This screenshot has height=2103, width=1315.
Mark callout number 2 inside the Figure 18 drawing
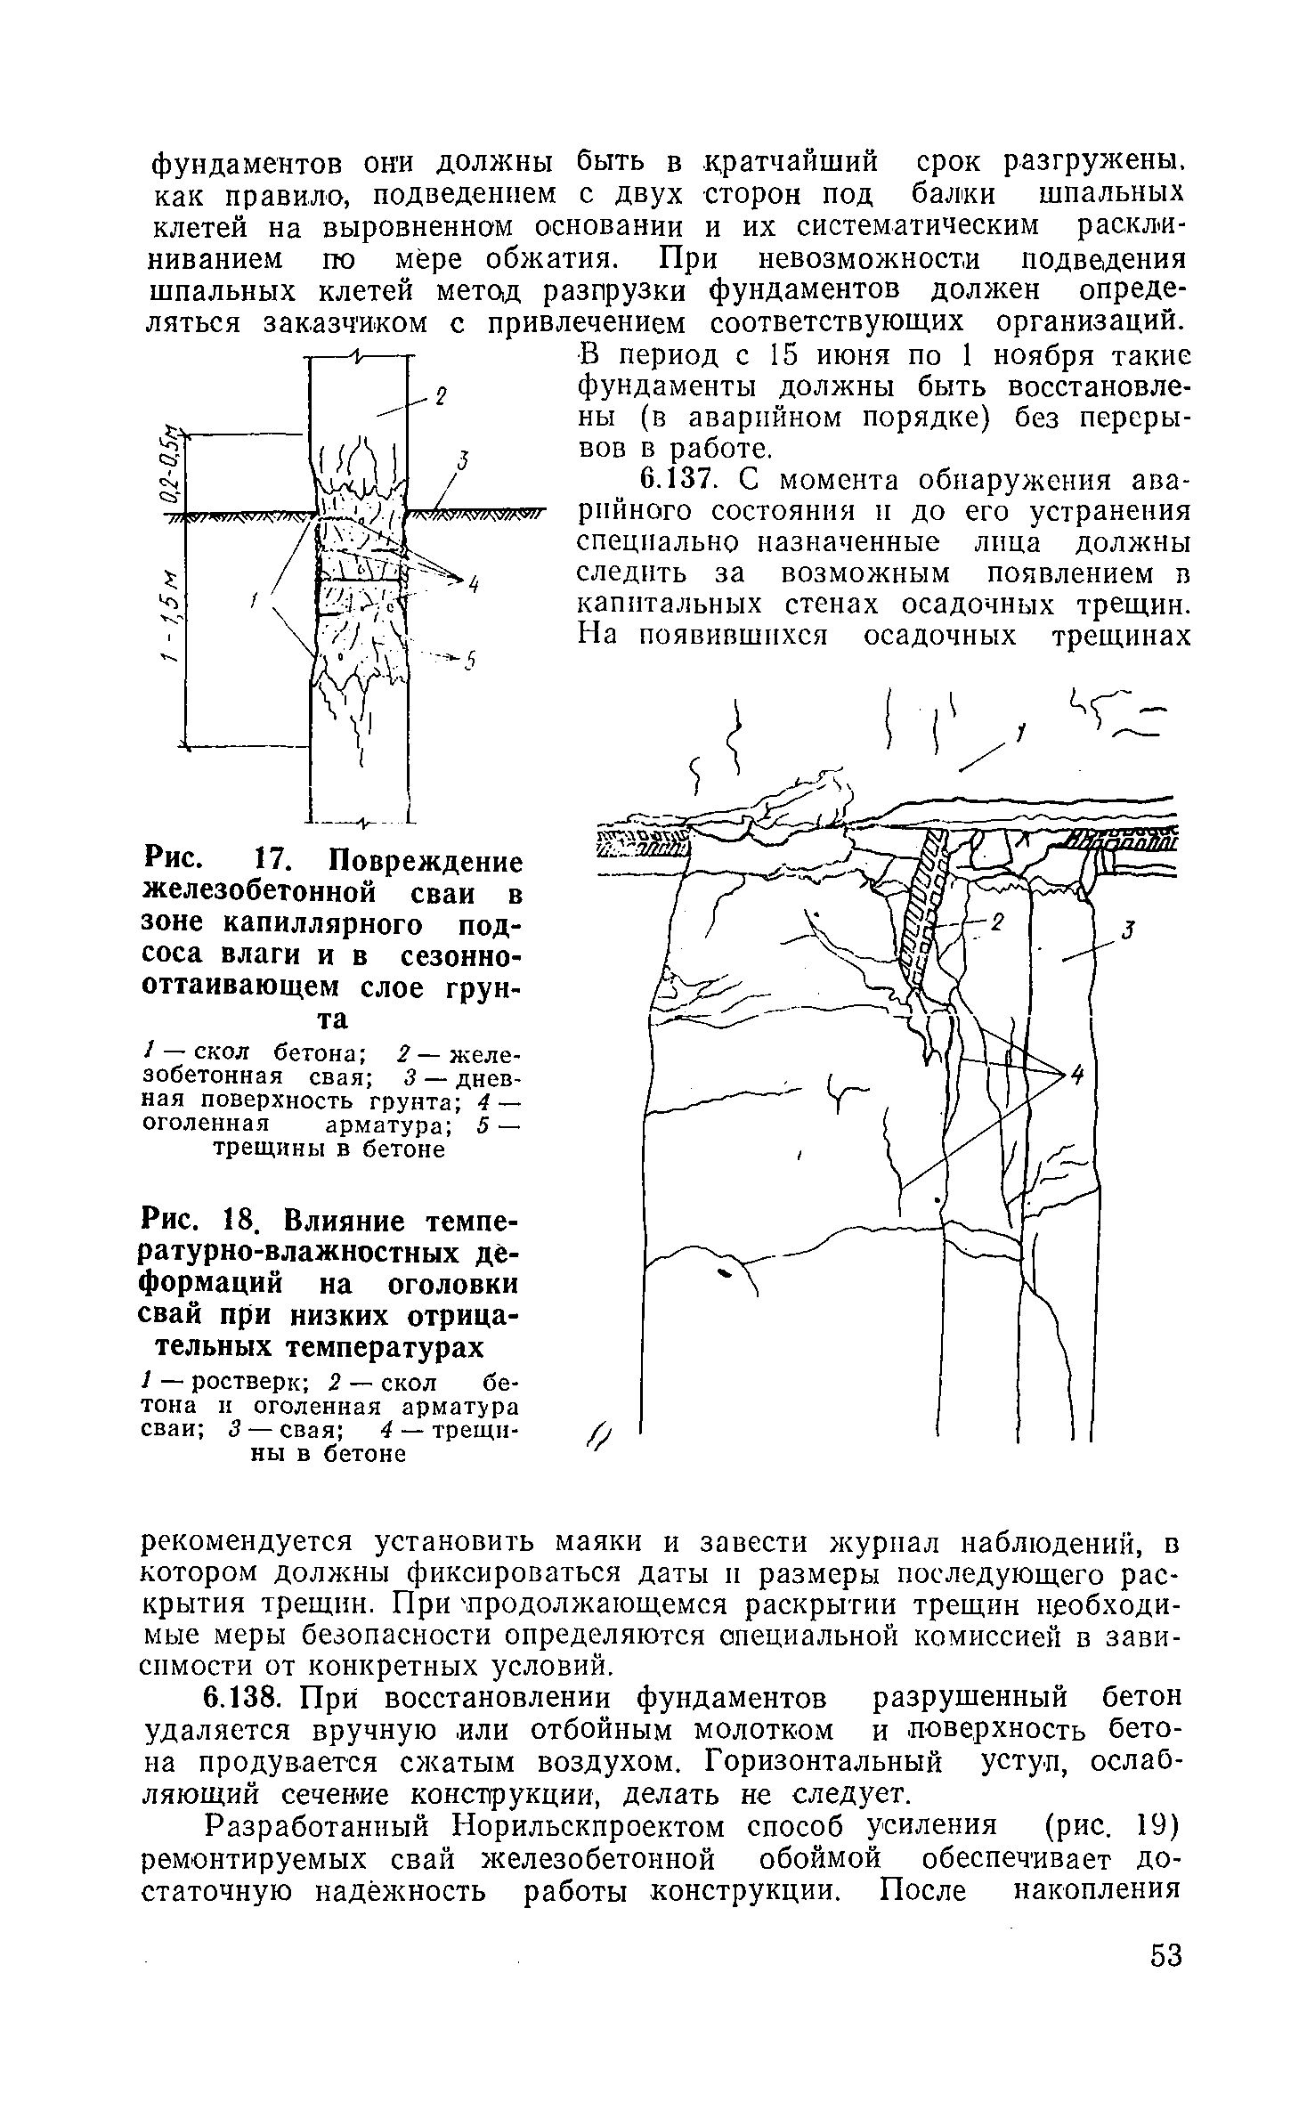pos(997,923)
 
